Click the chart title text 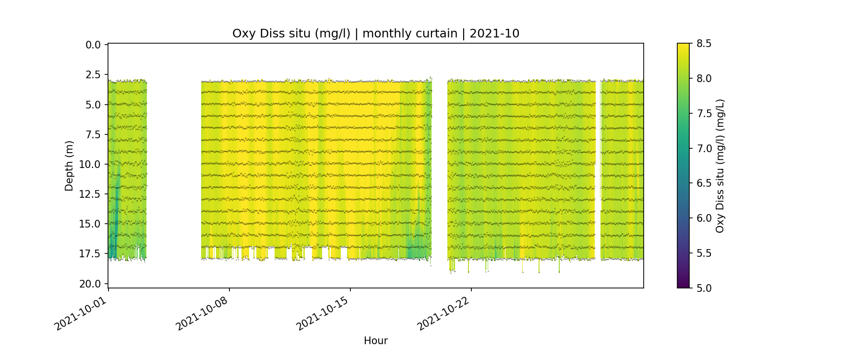tap(376, 34)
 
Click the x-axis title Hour tap(376, 341)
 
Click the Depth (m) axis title tap(70, 166)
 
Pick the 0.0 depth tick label tap(93, 45)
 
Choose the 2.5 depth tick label tap(93, 75)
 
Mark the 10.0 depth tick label tap(91, 165)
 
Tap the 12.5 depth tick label tap(91, 194)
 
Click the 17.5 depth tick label tap(91, 254)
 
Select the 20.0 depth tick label tap(91, 284)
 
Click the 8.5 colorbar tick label tap(704, 44)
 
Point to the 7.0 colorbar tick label tap(704, 148)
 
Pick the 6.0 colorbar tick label tap(704, 218)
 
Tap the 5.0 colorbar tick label tap(704, 288)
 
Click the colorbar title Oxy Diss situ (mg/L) tap(720, 166)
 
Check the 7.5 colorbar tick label tap(704, 113)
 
